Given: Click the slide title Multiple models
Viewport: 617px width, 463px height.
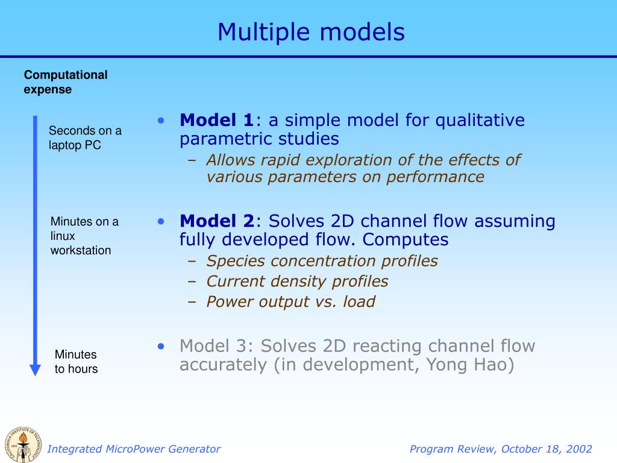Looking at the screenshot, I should [x=311, y=32].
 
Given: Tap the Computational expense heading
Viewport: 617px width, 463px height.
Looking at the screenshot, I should [x=66, y=82].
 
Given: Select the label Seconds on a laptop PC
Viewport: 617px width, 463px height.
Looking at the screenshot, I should [x=85, y=138].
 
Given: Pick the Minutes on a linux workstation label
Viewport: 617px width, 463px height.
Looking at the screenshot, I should [x=84, y=236].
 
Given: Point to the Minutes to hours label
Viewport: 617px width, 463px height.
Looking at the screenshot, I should [x=76, y=362].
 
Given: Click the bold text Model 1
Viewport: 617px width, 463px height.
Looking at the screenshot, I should [x=217, y=121].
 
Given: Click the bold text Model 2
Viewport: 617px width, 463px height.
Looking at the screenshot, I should [x=217, y=221].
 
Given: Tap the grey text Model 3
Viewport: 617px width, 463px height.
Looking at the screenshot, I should [x=217, y=346].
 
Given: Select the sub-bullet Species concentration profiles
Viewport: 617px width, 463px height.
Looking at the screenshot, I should [x=322, y=261].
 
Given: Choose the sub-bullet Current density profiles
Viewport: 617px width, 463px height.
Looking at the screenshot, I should [x=297, y=282].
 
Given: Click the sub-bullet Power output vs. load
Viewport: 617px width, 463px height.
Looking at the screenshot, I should [x=290, y=302].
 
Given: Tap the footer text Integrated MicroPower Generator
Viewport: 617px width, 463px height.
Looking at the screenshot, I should [x=134, y=449].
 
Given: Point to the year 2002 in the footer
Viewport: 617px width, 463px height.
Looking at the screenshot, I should [x=579, y=449].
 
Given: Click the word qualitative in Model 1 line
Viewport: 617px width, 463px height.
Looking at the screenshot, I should [x=480, y=121].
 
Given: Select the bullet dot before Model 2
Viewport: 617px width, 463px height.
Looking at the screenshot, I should [x=161, y=221].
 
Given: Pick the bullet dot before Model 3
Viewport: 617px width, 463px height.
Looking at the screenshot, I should [x=161, y=346].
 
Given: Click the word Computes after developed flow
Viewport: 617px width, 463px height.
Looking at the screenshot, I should [x=406, y=240].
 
